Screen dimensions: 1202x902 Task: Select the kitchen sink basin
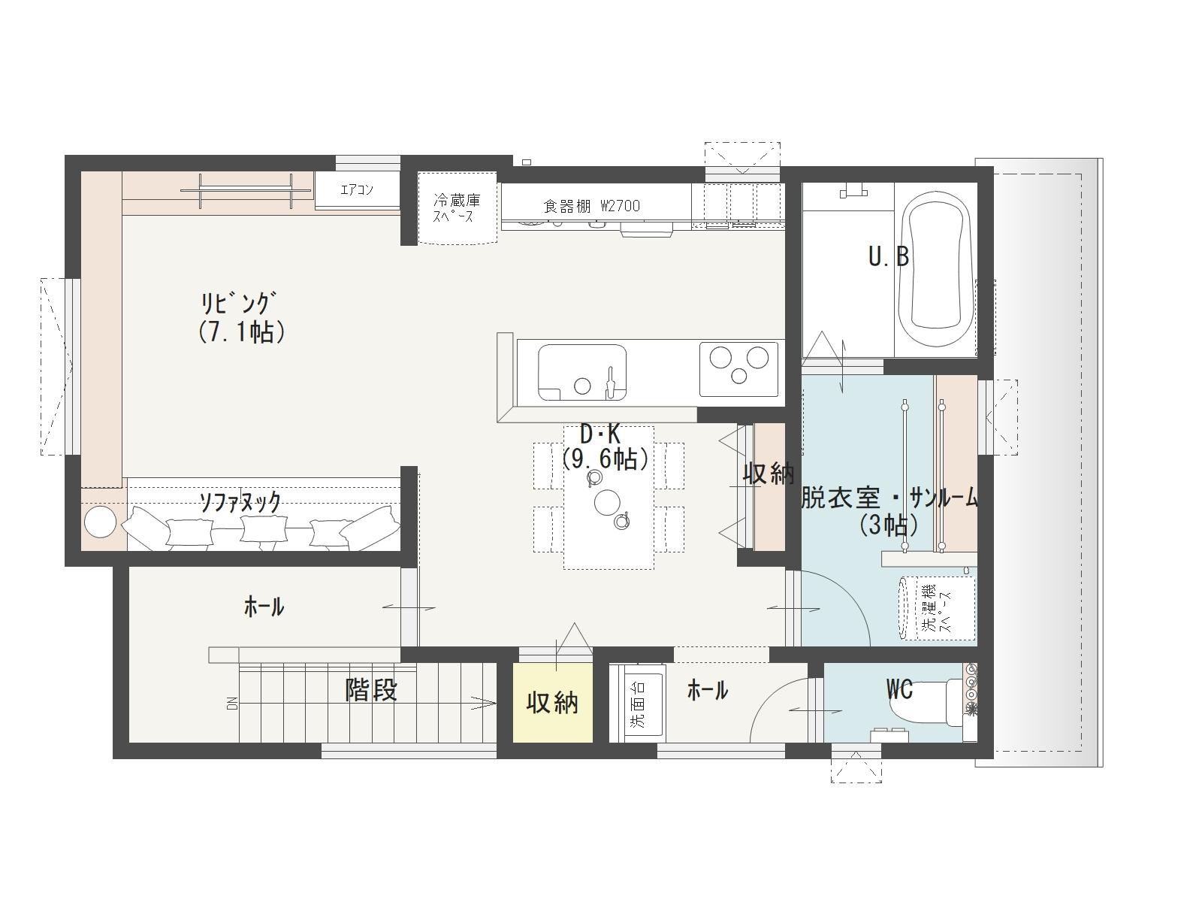[581, 373]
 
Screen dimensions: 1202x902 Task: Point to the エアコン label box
[357, 190]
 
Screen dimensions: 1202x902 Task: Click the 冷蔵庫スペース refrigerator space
[458, 209]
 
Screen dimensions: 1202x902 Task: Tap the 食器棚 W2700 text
[591, 206]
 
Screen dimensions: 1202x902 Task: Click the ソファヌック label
[240, 501]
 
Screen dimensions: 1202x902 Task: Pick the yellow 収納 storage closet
[552, 703]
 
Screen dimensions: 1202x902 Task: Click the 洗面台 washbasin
[637, 704]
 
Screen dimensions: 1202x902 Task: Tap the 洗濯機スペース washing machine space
[936, 608]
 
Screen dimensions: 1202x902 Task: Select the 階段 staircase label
[370, 690]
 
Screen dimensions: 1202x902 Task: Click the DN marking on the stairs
[234, 704]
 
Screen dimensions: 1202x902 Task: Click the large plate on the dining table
[607, 502]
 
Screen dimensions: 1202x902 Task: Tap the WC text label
[900, 690]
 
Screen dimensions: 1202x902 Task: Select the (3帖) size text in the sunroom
[888, 525]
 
